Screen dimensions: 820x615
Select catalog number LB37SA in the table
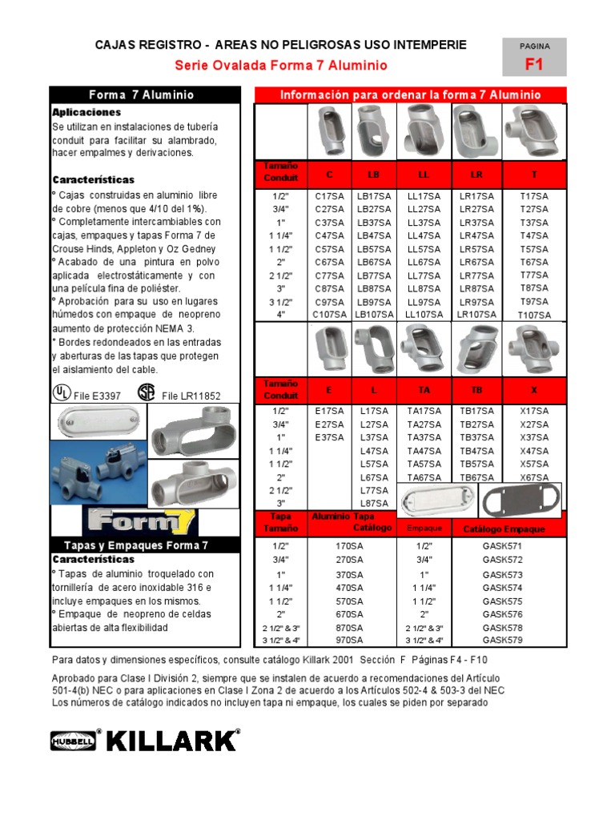374,223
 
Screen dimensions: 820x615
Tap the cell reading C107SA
330,315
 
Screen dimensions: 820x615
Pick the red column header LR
476,174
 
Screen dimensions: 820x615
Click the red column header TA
424,389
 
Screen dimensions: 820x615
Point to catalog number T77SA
534,275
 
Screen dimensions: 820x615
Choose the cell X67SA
534,477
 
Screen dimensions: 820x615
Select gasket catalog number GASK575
502,601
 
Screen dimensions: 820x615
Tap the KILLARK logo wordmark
173,741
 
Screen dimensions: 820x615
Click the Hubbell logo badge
73,742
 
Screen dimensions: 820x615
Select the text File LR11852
191,396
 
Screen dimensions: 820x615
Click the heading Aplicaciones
86,113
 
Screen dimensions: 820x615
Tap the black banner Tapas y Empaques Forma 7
145,545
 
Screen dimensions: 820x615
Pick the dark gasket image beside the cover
514,502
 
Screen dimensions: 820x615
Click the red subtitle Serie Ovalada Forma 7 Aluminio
281,66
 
